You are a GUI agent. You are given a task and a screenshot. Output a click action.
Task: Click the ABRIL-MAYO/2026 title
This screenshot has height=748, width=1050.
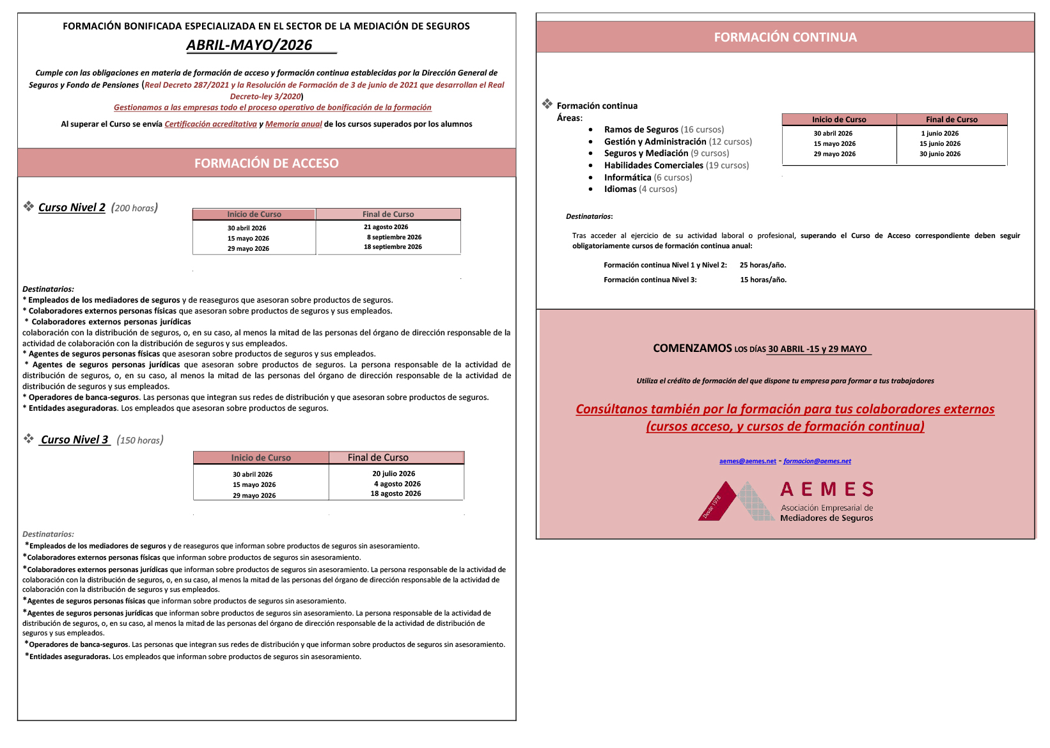pos(249,45)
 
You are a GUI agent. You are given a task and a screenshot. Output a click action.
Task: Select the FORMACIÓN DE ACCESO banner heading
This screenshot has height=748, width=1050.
pos(267,163)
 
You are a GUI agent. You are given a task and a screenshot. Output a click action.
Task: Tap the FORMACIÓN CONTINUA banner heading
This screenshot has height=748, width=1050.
pos(785,37)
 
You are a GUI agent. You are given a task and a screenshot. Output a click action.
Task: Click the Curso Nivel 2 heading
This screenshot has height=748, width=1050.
pos(72,207)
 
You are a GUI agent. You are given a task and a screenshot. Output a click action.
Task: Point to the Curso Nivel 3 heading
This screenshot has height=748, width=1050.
pos(74,440)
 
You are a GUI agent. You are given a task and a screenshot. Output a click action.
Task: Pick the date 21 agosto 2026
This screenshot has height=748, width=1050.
pos(386,227)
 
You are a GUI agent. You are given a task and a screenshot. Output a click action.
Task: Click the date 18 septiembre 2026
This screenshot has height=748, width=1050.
pos(393,247)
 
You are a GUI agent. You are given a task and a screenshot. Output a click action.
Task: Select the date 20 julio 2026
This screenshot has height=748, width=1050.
pos(393,473)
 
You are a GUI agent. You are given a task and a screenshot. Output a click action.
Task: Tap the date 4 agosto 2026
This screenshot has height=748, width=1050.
pos(397,484)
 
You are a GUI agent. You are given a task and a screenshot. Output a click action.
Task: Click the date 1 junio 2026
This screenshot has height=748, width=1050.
pos(939,134)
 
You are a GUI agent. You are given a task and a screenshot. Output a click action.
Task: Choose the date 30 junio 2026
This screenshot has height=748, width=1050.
pos(939,154)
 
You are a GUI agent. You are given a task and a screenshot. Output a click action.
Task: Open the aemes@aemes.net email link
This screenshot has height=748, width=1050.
pos(747,461)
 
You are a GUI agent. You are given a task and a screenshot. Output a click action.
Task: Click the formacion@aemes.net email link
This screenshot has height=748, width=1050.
pos(817,461)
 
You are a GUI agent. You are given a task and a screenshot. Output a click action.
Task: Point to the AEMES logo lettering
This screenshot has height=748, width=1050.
pos(827,489)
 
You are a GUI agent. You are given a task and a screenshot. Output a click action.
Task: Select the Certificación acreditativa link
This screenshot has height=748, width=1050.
pos(210,124)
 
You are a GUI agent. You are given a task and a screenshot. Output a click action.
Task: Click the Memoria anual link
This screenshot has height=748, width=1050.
pos(294,124)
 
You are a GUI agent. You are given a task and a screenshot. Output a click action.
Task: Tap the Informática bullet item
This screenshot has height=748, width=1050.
pos(627,178)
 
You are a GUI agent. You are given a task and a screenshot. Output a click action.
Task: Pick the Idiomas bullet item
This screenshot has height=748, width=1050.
pos(620,189)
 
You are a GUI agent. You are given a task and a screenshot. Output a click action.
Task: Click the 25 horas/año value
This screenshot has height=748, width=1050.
pos(763,265)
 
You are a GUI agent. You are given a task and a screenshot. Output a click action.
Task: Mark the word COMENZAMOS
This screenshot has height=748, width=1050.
pos(692,348)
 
